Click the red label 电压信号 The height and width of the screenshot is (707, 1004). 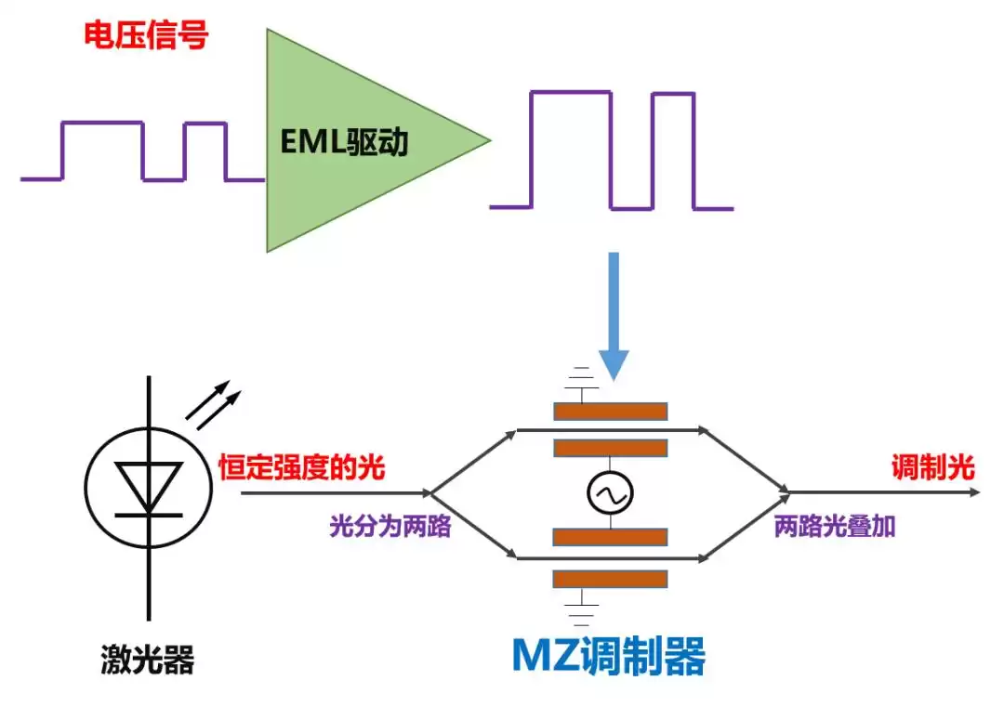point(146,36)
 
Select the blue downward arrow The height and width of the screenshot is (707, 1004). point(613,316)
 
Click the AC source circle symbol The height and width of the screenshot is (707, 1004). point(610,493)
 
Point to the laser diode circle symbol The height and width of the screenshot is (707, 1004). point(147,493)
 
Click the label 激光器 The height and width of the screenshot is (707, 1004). point(147,661)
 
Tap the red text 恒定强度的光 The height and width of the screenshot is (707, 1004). point(302,467)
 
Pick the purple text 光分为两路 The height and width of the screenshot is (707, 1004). point(390,527)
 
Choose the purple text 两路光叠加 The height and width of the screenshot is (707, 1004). point(835,527)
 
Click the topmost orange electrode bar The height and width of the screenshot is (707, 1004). point(610,412)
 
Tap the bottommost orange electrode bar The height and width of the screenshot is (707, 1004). point(610,579)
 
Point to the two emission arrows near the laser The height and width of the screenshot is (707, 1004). point(213,406)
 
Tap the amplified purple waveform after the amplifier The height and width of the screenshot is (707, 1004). point(612,150)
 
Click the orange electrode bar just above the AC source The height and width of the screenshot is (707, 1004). point(610,449)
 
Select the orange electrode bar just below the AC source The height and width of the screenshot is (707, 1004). point(610,537)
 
